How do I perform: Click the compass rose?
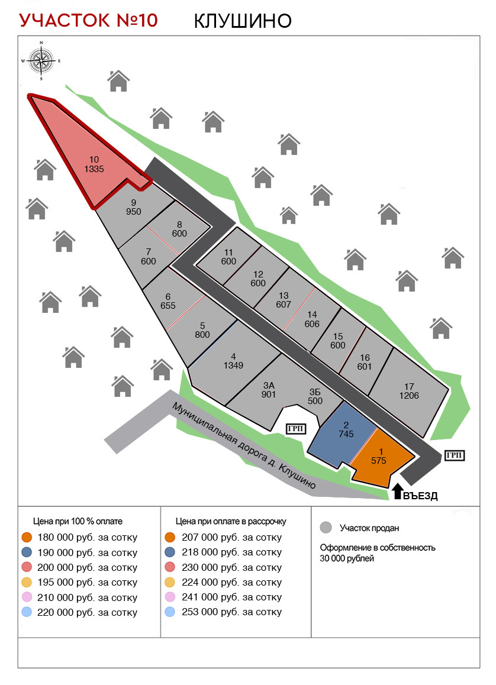pos(41,60)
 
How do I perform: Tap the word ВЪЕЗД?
pos(420,496)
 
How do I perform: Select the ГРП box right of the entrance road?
pos(453,454)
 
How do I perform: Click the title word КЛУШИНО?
pos(243,21)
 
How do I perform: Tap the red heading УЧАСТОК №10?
pos(89,20)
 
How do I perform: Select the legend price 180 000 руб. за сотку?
pos(87,538)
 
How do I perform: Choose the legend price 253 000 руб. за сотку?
pos(231,612)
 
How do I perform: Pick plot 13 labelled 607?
pos(284,300)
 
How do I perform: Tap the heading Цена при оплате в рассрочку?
pos(231,521)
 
